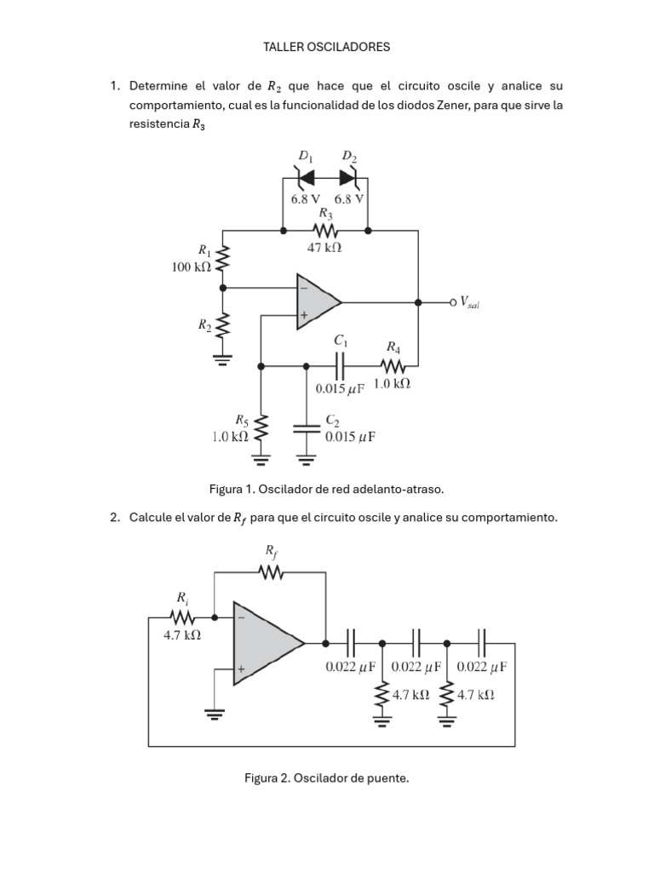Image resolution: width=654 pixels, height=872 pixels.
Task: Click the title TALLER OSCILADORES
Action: point(327,47)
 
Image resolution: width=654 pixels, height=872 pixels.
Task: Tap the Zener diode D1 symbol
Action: point(306,178)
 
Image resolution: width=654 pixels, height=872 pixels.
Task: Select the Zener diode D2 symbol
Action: point(347,178)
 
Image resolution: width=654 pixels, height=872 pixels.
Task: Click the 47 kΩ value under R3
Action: point(324,249)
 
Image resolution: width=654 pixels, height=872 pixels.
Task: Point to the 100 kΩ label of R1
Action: point(192,267)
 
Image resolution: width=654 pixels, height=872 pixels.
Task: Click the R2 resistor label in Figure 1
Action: point(204,324)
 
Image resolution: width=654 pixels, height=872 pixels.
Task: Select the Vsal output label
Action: point(470,302)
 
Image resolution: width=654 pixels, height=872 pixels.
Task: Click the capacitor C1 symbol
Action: point(341,366)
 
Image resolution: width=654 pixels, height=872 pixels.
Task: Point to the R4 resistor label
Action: point(393,347)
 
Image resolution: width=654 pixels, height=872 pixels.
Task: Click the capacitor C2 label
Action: point(333,421)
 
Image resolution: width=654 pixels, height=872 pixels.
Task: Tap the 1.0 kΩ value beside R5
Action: point(230,436)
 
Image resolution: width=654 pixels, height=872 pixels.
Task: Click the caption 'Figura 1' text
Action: point(327,490)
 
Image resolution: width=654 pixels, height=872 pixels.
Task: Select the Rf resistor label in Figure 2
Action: point(271,553)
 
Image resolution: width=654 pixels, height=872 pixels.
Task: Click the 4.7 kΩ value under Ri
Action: point(181,635)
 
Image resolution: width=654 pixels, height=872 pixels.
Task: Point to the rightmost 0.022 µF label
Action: point(482,667)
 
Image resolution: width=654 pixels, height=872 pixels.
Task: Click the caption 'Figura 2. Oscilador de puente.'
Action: point(327,778)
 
